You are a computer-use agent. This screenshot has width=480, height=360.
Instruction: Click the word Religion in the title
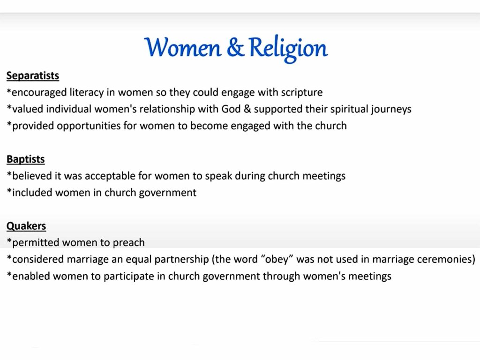pyautogui.click(x=288, y=49)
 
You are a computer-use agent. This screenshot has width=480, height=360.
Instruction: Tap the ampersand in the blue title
pyautogui.click(x=235, y=47)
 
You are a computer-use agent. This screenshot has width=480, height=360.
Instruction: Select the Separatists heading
pyautogui.click(x=33, y=75)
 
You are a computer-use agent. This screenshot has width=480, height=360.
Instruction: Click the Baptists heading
pyautogui.click(x=26, y=159)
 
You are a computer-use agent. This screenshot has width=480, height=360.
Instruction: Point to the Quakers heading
pyautogui.click(x=26, y=226)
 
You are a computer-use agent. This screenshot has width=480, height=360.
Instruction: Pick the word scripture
pyautogui.click(x=302, y=92)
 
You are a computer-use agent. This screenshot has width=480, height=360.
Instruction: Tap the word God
pyautogui.click(x=231, y=109)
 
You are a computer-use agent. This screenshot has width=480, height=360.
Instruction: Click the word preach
pyautogui.click(x=128, y=243)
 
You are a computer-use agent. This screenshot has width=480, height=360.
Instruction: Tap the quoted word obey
pyautogui.click(x=277, y=260)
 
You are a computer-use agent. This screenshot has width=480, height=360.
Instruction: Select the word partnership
pyautogui.click(x=182, y=260)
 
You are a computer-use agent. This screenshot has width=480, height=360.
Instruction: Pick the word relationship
pyautogui.click(x=167, y=109)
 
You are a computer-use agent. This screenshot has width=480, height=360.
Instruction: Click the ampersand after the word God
pyautogui.click(x=247, y=109)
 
